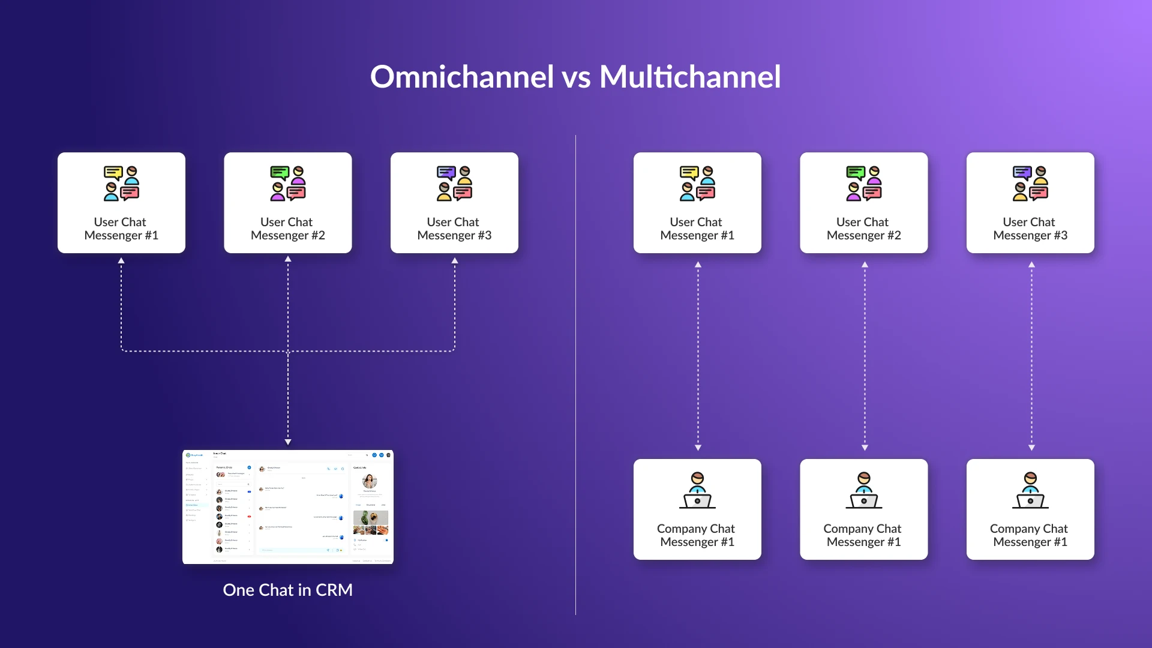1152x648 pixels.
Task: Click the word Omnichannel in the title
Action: (461, 77)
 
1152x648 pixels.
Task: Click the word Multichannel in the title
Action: (690, 77)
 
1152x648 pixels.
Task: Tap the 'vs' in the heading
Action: (576, 78)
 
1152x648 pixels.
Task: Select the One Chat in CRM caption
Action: (287, 590)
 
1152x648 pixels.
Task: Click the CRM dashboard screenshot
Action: (288, 507)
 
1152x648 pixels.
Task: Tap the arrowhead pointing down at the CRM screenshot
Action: (288, 442)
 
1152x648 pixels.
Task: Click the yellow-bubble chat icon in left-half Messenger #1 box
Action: (121, 183)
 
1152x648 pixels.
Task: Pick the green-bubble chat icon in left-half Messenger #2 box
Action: (288, 183)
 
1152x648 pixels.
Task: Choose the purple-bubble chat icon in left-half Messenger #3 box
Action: (454, 183)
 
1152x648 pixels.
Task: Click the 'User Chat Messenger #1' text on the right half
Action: (697, 229)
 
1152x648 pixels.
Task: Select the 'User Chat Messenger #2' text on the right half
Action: (863, 229)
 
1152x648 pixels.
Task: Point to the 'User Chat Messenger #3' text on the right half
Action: (1030, 229)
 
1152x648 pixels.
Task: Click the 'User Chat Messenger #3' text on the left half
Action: (454, 229)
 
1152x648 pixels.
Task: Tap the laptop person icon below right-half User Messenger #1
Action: (697, 490)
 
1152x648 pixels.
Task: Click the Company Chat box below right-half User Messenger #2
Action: (863, 509)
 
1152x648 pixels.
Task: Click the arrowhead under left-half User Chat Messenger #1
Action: (121, 261)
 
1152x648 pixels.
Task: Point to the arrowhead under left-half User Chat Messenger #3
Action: (455, 261)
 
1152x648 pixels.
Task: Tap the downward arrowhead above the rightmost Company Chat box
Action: (1031, 448)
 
